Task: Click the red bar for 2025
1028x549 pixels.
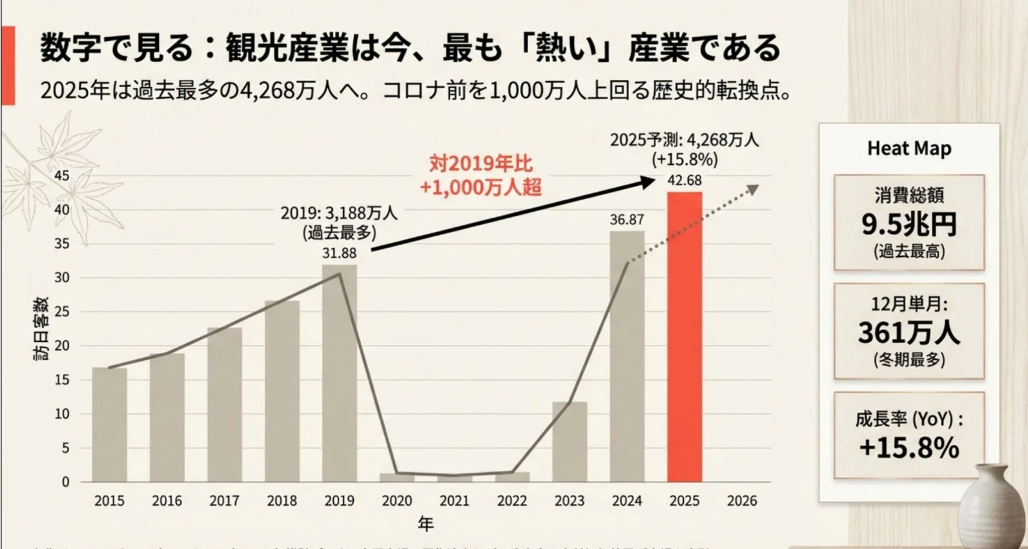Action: tap(684, 336)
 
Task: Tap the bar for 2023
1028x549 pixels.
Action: tap(570, 442)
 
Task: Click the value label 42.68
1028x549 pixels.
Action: tap(684, 181)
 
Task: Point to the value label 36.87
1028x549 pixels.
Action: tap(626, 220)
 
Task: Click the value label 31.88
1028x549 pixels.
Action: tap(340, 253)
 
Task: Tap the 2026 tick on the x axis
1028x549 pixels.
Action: tap(742, 501)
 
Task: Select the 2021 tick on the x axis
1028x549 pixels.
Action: tap(455, 501)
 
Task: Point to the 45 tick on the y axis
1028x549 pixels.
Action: tap(62, 176)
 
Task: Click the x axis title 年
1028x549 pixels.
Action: tap(426, 523)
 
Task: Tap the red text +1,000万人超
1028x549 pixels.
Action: tap(480, 187)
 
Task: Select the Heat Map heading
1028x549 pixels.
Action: tap(909, 149)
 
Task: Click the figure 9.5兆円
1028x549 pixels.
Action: tap(909, 224)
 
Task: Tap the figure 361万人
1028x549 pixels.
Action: tap(909, 333)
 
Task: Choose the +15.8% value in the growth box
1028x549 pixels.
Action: tap(909, 447)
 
